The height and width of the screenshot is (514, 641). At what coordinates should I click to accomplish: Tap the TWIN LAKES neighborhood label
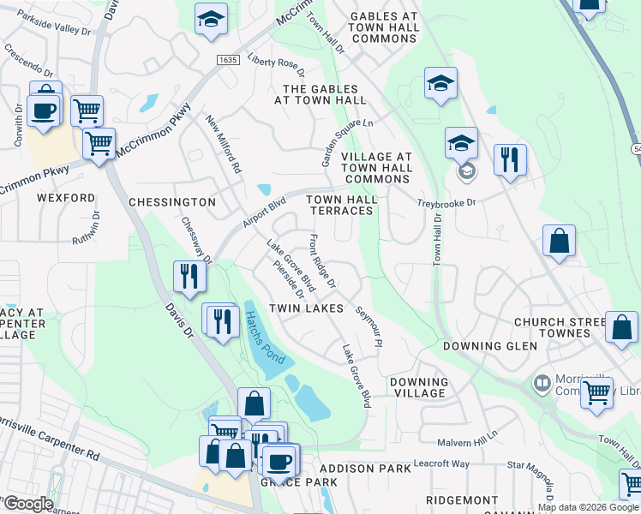click(x=306, y=308)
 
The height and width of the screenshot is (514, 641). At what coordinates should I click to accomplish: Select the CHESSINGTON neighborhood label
click(x=171, y=202)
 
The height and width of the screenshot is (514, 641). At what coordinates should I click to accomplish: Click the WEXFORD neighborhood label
click(x=66, y=198)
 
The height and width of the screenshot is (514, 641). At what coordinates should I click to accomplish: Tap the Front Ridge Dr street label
click(x=323, y=260)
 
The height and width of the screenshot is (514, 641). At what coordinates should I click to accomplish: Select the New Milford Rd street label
click(x=225, y=143)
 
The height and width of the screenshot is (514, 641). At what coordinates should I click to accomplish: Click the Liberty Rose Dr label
click(x=276, y=64)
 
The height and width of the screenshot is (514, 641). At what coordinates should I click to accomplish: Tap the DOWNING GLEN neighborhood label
click(x=490, y=346)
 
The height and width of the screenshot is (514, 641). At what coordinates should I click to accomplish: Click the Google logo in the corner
click(x=27, y=504)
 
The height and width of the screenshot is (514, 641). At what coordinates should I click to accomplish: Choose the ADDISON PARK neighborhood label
click(x=359, y=469)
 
